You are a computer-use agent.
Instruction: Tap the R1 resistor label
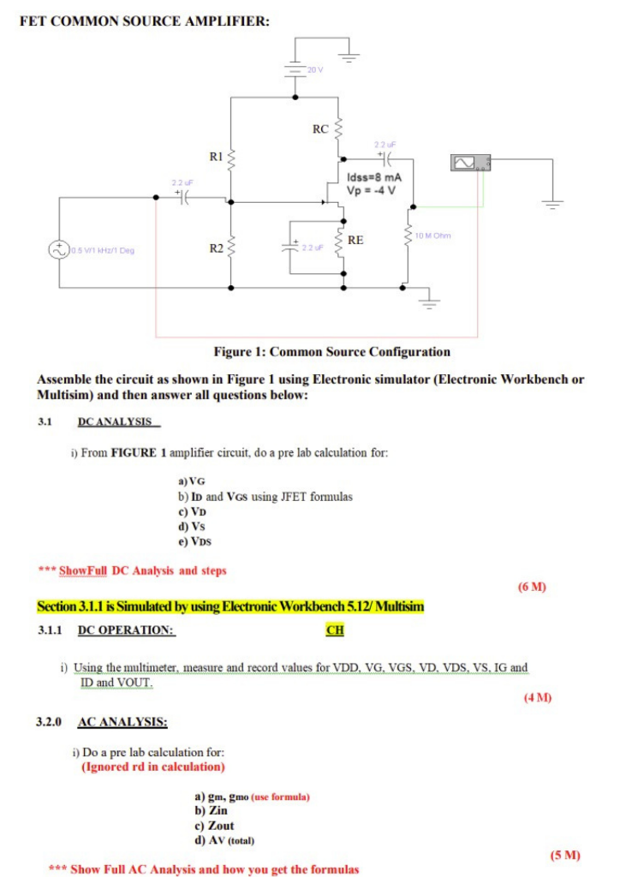click(217, 157)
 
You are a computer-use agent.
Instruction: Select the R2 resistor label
click(217, 248)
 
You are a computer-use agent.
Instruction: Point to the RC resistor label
click(320, 130)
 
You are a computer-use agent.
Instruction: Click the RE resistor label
click(356, 241)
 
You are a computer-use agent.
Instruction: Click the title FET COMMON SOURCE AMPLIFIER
click(144, 21)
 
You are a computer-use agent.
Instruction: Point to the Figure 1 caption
click(331, 351)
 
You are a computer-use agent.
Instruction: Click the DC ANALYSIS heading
click(114, 421)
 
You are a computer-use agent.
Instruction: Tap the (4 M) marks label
click(538, 698)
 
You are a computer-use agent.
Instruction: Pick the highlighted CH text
click(333, 631)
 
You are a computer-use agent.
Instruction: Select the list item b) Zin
click(212, 810)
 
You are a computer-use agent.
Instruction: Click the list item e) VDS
click(194, 541)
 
